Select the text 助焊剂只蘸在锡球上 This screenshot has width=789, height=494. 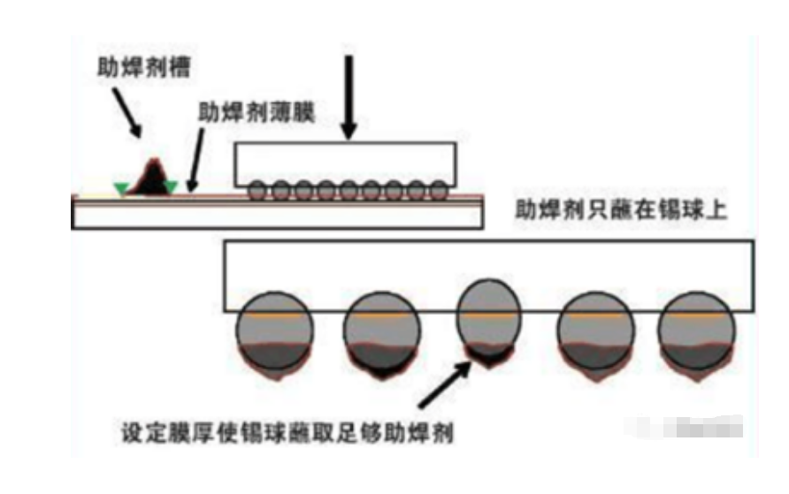[621, 210]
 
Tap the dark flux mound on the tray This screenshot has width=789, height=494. [151, 176]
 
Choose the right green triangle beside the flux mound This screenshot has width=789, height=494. [171, 186]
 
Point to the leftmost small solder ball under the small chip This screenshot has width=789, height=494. [256, 190]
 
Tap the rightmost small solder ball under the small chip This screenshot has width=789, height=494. [438, 190]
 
